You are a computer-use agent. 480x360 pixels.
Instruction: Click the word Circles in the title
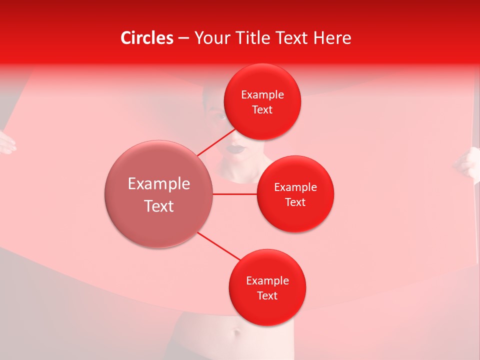pyautogui.click(x=147, y=38)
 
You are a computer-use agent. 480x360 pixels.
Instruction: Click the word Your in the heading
pyautogui.click(x=212, y=38)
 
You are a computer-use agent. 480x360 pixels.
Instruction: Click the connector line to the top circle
pyautogui.click(x=216, y=142)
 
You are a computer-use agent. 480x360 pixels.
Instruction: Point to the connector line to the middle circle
pyautogui.click(x=235, y=194)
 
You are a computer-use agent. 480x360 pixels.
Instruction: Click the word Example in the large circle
pyautogui.click(x=159, y=184)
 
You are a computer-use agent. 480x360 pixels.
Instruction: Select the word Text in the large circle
pyautogui.click(x=159, y=206)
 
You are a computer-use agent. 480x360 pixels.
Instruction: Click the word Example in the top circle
pyautogui.click(x=262, y=94)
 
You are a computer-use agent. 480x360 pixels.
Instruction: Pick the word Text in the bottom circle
pyautogui.click(x=267, y=295)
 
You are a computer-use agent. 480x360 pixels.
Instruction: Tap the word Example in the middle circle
pyautogui.click(x=295, y=187)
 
